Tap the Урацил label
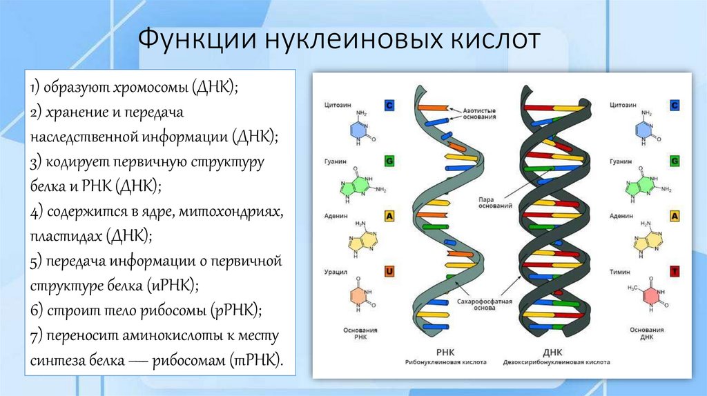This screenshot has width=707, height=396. click(x=336, y=271)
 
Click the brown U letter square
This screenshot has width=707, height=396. click(x=389, y=272)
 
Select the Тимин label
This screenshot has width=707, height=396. click(x=620, y=271)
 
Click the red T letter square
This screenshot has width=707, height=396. click(x=674, y=272)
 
